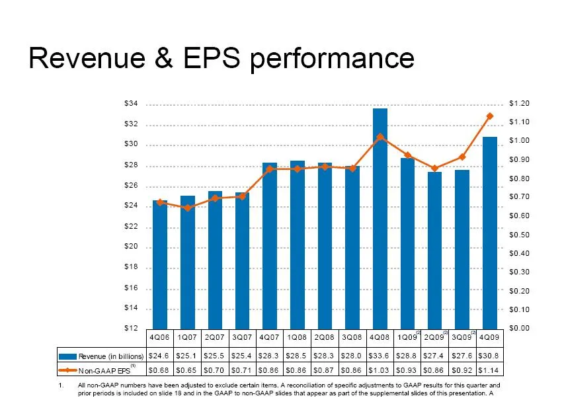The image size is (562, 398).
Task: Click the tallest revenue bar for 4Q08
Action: pos(380,218)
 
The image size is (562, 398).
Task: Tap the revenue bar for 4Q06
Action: pos(160,264)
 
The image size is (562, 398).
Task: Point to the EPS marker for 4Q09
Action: pos(490,116)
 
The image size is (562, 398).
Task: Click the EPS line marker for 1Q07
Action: pos(187,208)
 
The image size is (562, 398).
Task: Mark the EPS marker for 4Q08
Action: pos(380,137)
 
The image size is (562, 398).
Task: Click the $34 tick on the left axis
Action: pos(131,104)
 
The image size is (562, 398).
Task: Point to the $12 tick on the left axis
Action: pos(131,329)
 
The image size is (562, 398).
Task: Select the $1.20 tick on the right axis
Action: pos(520,104)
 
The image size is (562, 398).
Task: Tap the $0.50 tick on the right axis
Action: pos(520,235)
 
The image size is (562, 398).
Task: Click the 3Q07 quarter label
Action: pos(243,337)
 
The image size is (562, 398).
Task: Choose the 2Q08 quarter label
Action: pos(325,337)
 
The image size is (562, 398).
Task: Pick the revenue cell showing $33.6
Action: pos(380,356)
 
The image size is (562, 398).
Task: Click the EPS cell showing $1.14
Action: pos(490,369)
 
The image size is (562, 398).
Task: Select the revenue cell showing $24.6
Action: pos(160,356)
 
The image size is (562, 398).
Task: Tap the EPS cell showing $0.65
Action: pos(187,369)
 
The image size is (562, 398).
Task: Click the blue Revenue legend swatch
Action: pos(68,356)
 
